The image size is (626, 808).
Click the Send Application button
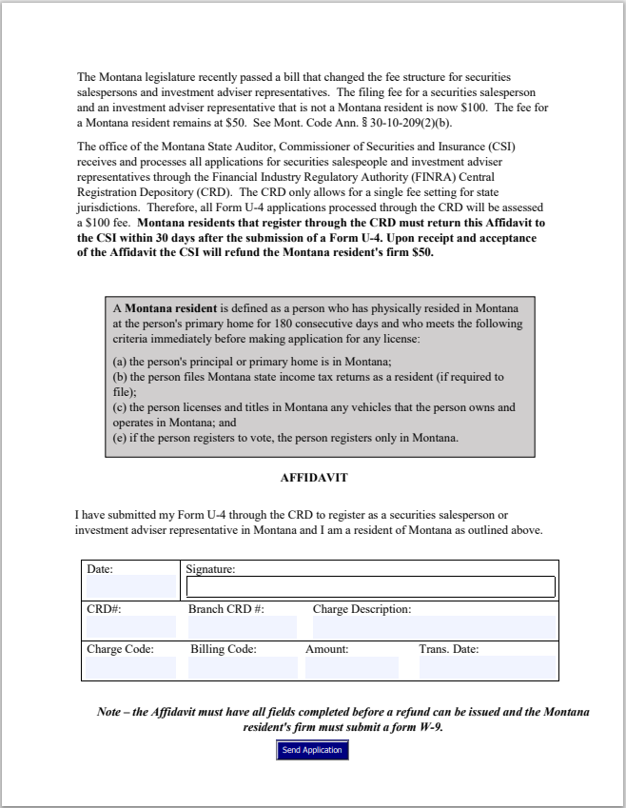(312, 750)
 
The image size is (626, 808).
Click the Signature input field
(370, 586)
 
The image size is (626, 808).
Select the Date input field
(130, 586)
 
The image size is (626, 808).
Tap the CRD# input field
(130, 626)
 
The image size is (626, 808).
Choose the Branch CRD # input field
(243, 626)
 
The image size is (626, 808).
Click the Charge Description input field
(434, 626)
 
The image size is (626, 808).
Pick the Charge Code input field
(130, 667)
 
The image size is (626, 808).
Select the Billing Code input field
(243, 667)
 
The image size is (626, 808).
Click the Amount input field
(351, 667)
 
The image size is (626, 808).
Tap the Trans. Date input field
(487, 667)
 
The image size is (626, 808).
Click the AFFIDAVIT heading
(313, 477)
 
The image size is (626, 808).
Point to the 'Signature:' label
(210, 569)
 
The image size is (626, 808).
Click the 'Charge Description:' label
(362, 609)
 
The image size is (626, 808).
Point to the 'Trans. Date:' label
(448, 650)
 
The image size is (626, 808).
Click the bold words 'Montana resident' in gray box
(170, 309)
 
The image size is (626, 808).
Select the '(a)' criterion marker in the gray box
(120, 362)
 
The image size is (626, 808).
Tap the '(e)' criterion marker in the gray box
(120, 438)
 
